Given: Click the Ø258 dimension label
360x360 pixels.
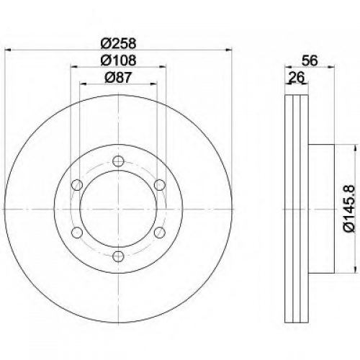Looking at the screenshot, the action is pos(118,43).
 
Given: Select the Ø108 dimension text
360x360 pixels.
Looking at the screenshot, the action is pos(118,60).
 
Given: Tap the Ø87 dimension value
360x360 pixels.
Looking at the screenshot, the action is pos(118,78).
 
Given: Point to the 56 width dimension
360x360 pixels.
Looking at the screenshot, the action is pos(310,60).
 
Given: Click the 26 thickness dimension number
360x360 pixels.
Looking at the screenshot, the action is pos(296,77).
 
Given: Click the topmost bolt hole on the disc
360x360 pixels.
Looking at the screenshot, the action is pos(118,161).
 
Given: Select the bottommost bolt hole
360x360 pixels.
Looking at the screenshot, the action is pos(118,256).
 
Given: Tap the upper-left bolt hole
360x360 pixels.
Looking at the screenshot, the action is pos(77,185).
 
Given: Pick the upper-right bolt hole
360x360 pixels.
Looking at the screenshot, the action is pos(160,185).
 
